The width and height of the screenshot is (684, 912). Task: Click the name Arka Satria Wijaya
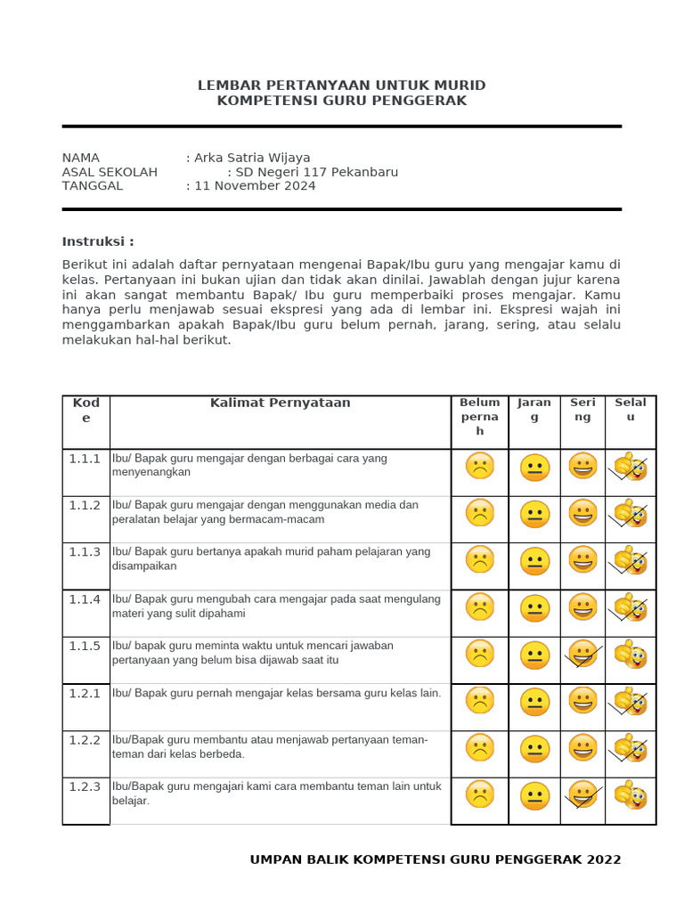[x=252, y=158]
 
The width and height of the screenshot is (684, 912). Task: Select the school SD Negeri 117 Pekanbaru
[x=313, y=172]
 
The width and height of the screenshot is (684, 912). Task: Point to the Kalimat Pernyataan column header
[x=280, y=403]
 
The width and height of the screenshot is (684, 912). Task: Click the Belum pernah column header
[x=479, y=416]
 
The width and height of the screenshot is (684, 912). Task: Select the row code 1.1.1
[x=85, y=459]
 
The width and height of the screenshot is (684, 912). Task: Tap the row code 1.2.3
[x=85, y=786]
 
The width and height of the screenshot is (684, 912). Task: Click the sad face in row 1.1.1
[x=479, y=467]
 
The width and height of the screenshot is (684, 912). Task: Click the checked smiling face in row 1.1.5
[x=582, y=655]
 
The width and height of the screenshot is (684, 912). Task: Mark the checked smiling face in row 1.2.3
[x=582, y=794]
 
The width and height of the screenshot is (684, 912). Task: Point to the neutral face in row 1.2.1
[x=534, y=702]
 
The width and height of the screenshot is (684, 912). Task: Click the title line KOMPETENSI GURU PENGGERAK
[x=342, y=101]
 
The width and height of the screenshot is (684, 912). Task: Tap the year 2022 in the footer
[x=604, y=859]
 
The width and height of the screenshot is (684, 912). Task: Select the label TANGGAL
[x=93, y=186]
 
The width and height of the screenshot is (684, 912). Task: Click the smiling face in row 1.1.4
[x=582, y=607]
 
